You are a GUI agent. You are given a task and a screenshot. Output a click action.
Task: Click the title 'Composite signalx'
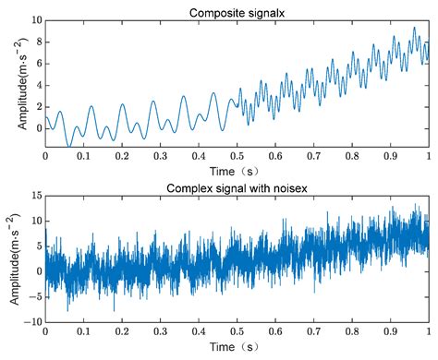click(x=236, y=12)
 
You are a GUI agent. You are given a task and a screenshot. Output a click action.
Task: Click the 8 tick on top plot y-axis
click(x=36, y=42)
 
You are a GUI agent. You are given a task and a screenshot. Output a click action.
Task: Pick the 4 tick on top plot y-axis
click(x=36, y=85)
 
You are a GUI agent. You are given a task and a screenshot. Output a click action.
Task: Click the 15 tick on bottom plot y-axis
click(x=33, y=196)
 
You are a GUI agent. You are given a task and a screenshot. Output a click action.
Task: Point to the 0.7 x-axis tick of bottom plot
click(x=313, y=332)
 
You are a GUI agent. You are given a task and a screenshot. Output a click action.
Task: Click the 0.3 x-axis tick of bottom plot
click(x=160, y=332)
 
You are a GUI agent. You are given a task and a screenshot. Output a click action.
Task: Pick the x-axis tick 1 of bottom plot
click(x=428, y=332)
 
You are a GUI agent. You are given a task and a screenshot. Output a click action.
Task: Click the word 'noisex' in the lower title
click(x=286, y=188)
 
